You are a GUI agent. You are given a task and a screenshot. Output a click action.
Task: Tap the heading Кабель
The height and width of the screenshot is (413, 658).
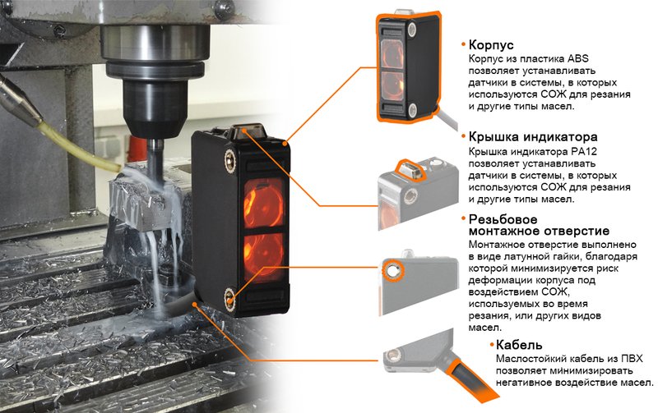[519, 344]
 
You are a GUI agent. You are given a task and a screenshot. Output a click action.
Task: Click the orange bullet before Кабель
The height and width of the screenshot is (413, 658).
[492, 345]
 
